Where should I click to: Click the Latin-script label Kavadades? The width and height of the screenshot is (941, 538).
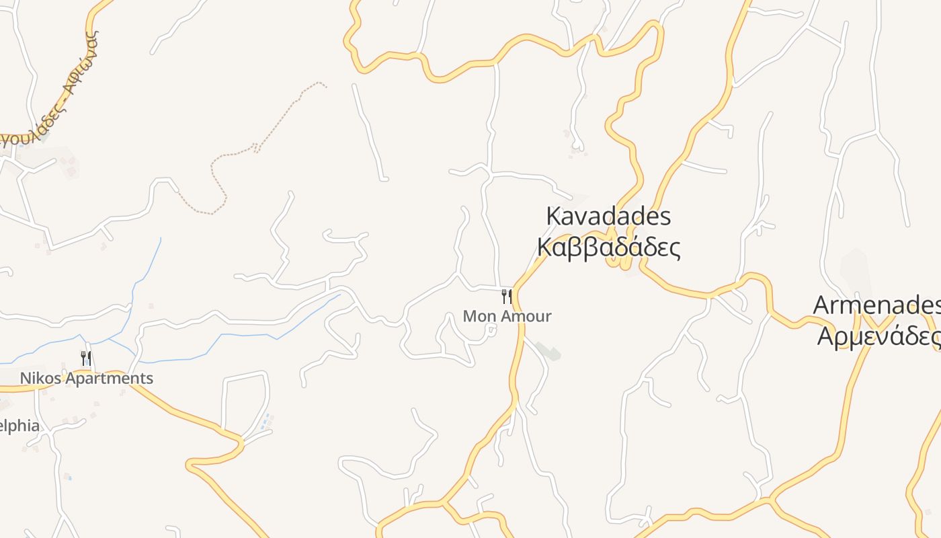pyautogui.click(x=608, y=217)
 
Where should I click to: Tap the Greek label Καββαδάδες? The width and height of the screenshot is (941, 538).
pyautogui.click(x=608, y=247)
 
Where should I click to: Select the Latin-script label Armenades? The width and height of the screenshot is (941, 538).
pyautogui.click(x=876, y=305)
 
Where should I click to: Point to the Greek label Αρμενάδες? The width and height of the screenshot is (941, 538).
pyautogui.click(x=878, y=336)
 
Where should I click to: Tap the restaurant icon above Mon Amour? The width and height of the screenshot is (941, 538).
pyautogui.click(x=507, y=297)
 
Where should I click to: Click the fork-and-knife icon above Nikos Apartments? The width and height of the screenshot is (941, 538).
pyautogui.click(x=85, y=358)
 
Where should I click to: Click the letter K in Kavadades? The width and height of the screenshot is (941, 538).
pyautogui.click(x=553, y=217)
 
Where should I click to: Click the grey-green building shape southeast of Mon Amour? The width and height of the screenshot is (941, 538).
pyautogui.click(x=550, y=352)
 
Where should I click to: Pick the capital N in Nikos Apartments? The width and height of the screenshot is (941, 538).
pyautogui.click(x=25, y=379)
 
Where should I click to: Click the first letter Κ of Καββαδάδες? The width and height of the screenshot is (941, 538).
pyautogui.click(x=544, y=247)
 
